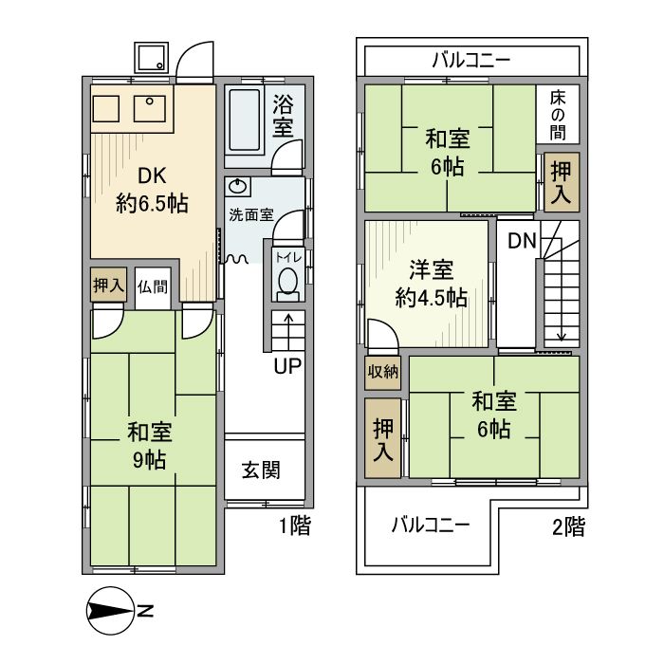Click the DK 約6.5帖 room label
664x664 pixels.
(151, 189)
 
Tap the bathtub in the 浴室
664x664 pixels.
(248, 121)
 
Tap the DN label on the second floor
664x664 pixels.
(522, 240)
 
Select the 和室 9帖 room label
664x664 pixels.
(150, 446)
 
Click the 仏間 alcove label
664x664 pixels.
(151, 286)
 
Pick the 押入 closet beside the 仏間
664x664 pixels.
(108, 286)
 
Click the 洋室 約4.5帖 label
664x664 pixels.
(430, 284)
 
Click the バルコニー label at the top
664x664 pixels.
(471, 61)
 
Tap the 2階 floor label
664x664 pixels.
(567, 527)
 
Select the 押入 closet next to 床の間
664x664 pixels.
(562, 180)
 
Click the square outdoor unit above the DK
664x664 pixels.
(149, 60)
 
